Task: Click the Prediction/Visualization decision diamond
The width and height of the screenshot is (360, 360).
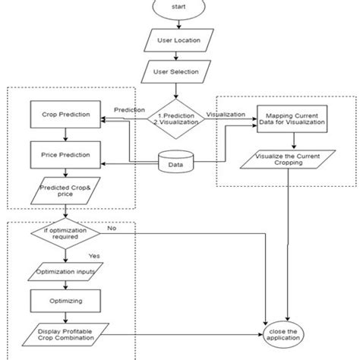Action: [175, 118]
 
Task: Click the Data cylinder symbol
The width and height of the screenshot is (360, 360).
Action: [174, 163]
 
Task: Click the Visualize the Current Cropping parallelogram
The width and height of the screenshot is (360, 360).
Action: [286, 160]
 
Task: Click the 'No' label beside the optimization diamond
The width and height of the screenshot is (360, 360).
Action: [112, 226]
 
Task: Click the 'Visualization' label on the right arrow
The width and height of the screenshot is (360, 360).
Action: [226, 115]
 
